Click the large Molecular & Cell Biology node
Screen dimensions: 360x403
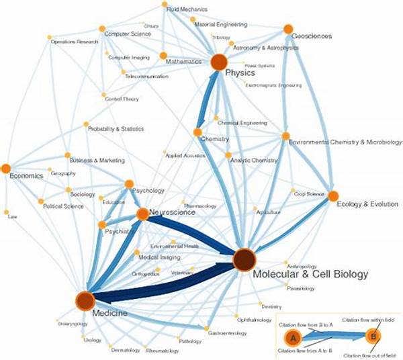click(x=244, y=259)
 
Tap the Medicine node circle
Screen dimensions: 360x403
click(x=85, y=302)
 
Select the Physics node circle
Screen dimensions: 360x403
click(x=218, y=63)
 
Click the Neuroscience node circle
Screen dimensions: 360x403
click(x=142, y=214)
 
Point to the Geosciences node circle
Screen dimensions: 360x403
click(x=288, y=29)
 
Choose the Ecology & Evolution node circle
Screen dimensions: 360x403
click(x=332, y=196)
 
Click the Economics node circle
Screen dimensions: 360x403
click(x=6, y=168)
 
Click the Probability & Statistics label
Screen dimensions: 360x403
click(x=116, y=129)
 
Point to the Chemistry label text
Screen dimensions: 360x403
click(x=215, y=139)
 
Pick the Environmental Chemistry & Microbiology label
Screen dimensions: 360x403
click(x=345, y=143)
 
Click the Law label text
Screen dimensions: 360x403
click(x=12, y=217)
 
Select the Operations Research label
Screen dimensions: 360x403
click(x=74, y=42)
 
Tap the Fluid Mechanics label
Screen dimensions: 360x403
click(x=188, y=9)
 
